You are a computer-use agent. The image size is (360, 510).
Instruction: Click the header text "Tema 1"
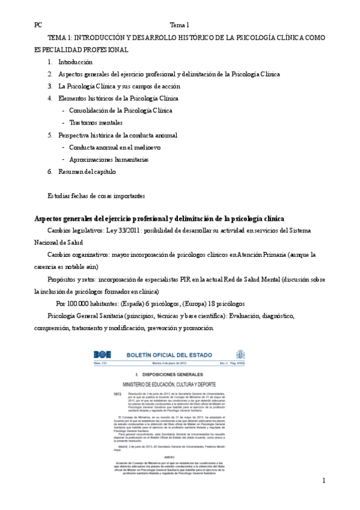(180, 25)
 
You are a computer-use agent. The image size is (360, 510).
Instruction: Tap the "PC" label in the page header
(38, 25)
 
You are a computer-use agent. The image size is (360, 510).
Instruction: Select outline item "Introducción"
(75, 62)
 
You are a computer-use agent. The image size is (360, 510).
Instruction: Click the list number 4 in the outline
(50, 98)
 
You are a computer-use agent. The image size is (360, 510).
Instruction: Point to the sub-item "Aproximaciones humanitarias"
(109, 159)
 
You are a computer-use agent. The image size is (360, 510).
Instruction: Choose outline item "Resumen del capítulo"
(87, 171)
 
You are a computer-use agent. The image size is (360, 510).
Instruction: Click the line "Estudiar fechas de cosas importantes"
(96, 196)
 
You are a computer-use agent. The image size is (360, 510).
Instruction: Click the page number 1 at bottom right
(323, 481)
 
